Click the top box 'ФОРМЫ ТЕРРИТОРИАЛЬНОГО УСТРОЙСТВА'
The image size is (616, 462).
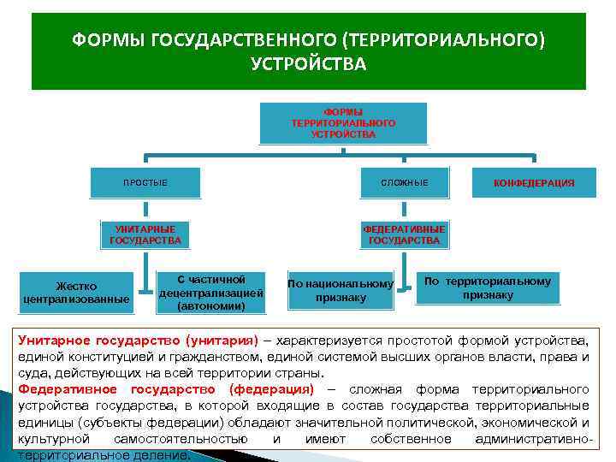(x=343, y=123)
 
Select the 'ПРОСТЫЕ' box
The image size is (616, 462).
(x=145, y=182)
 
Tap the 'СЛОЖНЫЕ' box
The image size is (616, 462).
(x=405, y=182)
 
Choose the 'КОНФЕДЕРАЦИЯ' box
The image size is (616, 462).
(x=534, y=183)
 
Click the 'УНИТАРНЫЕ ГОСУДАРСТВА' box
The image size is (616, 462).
(x=145, y=234)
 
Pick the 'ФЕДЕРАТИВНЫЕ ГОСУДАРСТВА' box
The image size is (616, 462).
(x=404, y=234)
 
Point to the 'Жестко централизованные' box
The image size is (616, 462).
(x=76, y=293)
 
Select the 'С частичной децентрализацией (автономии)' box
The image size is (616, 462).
(x=210, y=293)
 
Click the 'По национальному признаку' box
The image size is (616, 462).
(x=341, y=291)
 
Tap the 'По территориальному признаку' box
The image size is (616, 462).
(x=488, y=287)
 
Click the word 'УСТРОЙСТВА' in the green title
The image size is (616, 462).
(x=308, y=64)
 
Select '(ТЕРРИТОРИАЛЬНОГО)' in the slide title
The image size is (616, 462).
(x=443, y=40)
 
